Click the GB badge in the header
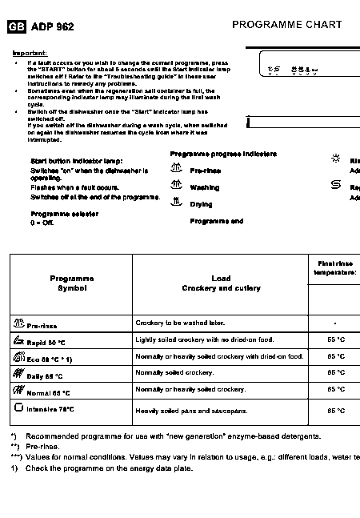point(16,27)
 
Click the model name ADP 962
point(52,27)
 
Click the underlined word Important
point(29,53)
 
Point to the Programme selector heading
point(64,214)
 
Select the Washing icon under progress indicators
point(178,186)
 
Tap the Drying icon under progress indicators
point(177,203)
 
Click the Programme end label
point(216,221)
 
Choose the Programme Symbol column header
point(71,283)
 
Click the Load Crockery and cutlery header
point(220,283)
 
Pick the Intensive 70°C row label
point(50,409)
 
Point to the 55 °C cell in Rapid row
point(336,340)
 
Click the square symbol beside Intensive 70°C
point(18,408)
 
